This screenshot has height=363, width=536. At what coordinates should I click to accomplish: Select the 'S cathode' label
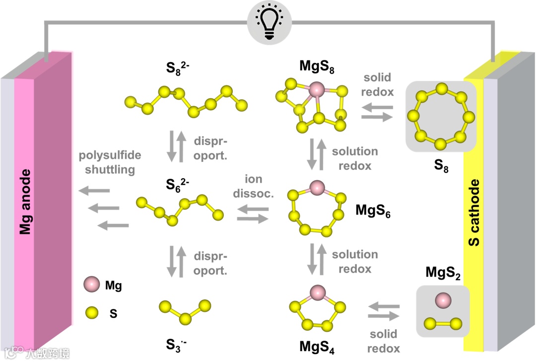[475, 213]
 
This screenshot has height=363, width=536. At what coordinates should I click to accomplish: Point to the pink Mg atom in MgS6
[316, 188]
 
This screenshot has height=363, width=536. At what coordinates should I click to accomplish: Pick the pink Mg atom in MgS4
[316, 291]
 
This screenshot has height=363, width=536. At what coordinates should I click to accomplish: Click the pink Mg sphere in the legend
[92, 285]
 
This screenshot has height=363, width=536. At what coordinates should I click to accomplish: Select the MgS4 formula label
[317, 347]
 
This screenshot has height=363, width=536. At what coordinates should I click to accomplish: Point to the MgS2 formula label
[443, 273]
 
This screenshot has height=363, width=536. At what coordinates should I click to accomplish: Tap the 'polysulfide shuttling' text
[110, 162]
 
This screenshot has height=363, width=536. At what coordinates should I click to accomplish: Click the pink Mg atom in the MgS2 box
[442, 300]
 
